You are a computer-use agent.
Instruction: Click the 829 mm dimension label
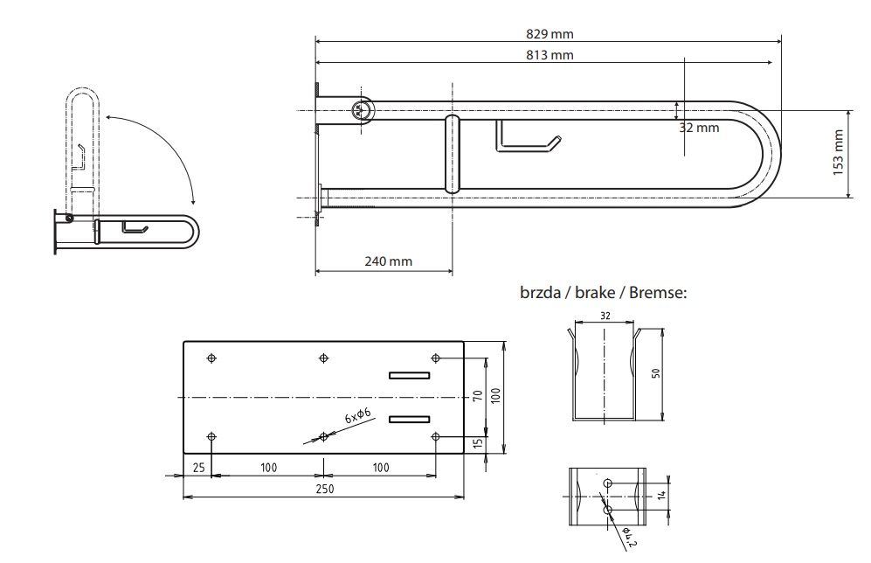(x=550, y=34)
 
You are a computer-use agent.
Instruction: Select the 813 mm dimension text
(x=550, y=55)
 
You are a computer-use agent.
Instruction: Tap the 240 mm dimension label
(x=388, y=261)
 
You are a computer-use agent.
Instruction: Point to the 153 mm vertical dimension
(x=838, y=152)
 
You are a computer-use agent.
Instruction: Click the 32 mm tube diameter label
(x=699, y=128)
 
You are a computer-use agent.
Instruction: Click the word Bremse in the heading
(x=657, y=292)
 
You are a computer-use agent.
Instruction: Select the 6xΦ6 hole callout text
(x=357, y=415)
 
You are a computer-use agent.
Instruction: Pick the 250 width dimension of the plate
(x=325, y=489)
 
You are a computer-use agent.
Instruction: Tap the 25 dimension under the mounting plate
(x=198, y=468)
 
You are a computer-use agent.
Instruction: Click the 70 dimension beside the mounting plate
(x=478, y=396)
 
